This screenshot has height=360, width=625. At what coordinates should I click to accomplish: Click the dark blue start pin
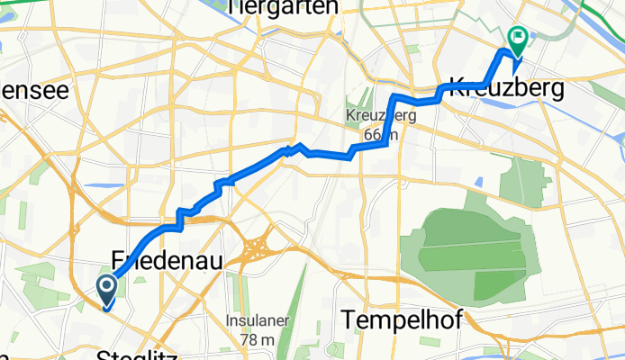[x=105, y=290]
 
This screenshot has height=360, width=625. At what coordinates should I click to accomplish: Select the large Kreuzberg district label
[x=506, y=89]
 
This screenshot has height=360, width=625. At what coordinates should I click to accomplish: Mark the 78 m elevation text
[x=258, y=339]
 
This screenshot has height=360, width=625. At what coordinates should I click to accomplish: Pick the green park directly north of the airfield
[x=514, y=178]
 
